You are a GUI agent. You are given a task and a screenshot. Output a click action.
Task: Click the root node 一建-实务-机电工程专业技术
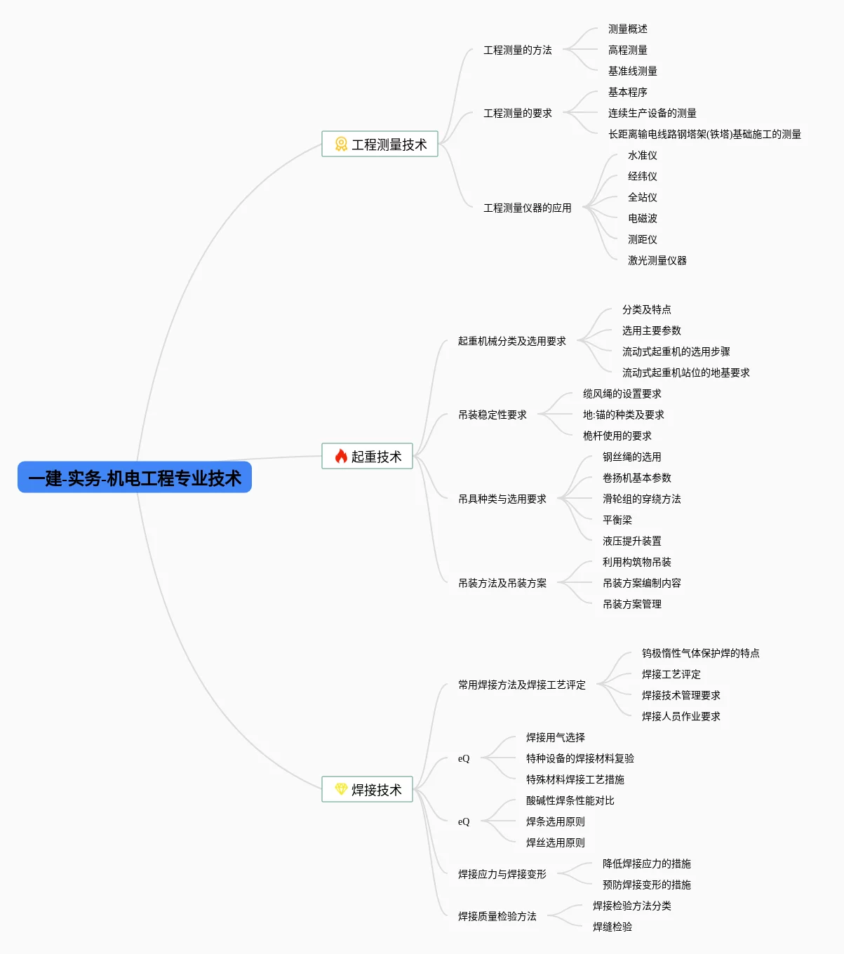click(x=134, y=478)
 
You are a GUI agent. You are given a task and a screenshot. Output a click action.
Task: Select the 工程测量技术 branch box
click(x=380, y=144)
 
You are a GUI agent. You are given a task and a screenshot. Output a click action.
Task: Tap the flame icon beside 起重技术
click(x=341, y=457)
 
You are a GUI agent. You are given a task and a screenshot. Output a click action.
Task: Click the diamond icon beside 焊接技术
click(x=341, y=789)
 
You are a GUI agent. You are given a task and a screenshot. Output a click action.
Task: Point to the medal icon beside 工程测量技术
click(x=341, y=144)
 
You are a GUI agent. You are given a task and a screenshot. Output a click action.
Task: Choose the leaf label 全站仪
click(x=642, y=197)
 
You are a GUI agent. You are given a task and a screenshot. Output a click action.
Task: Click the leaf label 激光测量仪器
click(x=657, y=260)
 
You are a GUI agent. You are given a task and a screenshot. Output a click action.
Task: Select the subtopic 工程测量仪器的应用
click(x=527, y=208)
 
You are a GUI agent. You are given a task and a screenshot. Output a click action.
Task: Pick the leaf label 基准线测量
click(x=632, y=71)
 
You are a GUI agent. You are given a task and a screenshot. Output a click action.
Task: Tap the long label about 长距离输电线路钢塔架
click(x=704, y=134)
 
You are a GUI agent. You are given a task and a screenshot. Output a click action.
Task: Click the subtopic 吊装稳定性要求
click(x=492, y=415)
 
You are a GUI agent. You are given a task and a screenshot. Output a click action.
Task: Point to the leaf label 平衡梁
click(x=617, y=520)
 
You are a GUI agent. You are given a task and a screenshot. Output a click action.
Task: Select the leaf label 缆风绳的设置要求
click(x=622, y=394)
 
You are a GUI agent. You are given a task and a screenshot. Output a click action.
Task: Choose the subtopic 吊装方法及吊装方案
click(x=502, y=583)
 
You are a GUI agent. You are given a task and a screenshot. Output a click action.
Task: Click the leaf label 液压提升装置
click(x=631, y=541)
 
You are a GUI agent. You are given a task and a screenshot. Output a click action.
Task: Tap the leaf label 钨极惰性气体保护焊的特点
click(x=700, y=653)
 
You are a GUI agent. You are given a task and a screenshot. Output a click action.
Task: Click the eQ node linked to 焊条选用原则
click(x=464, y=821)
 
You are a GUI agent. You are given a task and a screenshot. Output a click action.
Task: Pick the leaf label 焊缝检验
click(x=612, y=927)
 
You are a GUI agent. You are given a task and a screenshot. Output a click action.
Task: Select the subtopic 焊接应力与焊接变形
click(x=502, y=874)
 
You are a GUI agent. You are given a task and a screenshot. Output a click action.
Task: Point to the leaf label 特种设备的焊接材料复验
click(x=580, y=758)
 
